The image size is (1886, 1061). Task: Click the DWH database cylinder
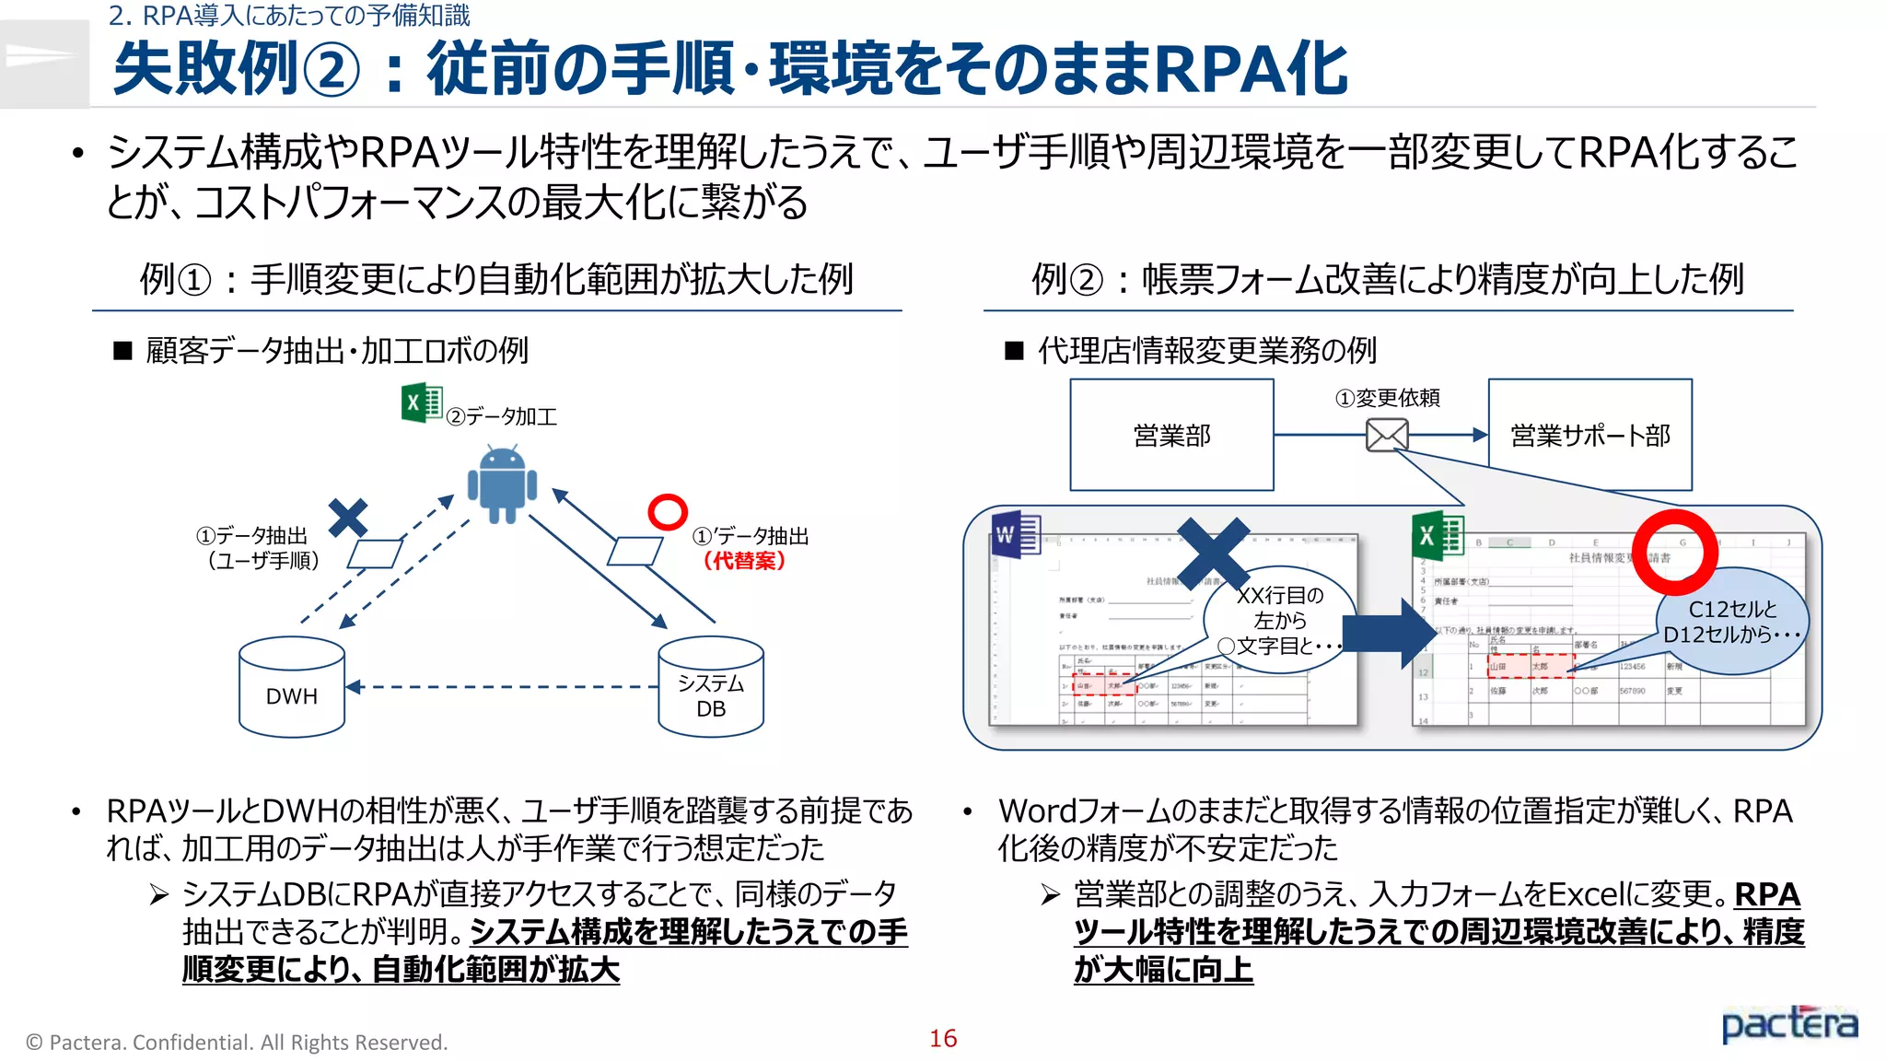(x=291, y=688)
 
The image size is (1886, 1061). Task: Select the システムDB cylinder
(x=711, y=688)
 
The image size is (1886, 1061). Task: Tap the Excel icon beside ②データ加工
(x=422, y=402)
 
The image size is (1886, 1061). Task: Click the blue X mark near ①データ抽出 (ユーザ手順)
(x=348, y=518)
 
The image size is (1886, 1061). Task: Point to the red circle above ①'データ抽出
(x=668, y=512)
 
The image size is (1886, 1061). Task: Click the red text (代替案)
(x=744, y=560)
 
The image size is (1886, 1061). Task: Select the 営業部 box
(x=1171, y=435)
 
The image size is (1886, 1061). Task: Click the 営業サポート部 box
(x=1589, y=435)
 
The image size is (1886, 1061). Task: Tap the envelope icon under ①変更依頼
(x=1387, y=435)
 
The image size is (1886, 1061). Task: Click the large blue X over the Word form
(x=1214, y=553)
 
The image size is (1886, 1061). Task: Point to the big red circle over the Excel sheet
(x=1674, y=553)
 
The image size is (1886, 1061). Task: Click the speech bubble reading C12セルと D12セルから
(x=1731, y=622)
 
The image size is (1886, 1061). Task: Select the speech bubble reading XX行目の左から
(x=1280, y=620)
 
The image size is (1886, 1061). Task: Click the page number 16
(x=943, y=1038)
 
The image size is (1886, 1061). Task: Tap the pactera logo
(x=1789, y=1024)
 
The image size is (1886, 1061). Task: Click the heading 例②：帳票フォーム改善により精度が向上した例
(x=1387, y=279)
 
